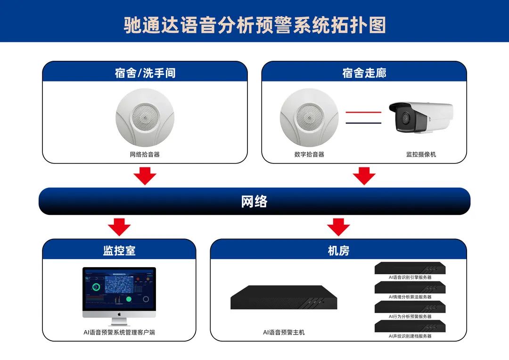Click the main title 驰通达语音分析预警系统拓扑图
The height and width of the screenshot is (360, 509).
tap(254, 25)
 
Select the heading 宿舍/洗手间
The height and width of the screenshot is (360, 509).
tap(145, 73)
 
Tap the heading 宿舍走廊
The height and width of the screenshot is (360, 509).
tap(364, 73)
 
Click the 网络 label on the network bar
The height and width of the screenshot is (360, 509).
tap(254, 202)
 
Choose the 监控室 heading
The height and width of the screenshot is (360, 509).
tap(119, 251)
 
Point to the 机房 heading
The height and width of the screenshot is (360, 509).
tap(338, 251)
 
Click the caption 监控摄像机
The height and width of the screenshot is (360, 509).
tap(421, 154)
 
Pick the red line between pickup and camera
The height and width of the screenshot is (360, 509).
tap(363, 113)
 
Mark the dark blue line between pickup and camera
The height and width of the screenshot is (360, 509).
tap(363, 123)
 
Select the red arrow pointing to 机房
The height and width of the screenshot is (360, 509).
tap(338, 227)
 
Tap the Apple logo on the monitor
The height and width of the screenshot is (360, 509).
tap(119, 313)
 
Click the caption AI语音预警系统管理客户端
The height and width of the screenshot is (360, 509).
tap(119, 332)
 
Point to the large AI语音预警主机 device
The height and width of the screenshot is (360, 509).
tap(284, 297)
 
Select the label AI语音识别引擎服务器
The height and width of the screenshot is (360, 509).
tap(410, 278)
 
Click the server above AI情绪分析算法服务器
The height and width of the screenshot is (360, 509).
tap(410, 287)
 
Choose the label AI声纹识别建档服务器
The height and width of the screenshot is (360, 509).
tap(410, 336)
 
